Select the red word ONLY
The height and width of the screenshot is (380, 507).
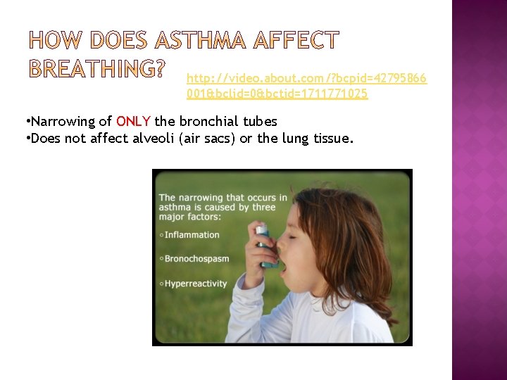[x=133, y=122]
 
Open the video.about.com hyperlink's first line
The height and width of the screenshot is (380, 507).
[x=306, y=77]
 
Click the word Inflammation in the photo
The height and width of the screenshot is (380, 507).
[x=192, y=234]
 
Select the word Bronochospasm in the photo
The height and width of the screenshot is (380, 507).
[x=196, y=258]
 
